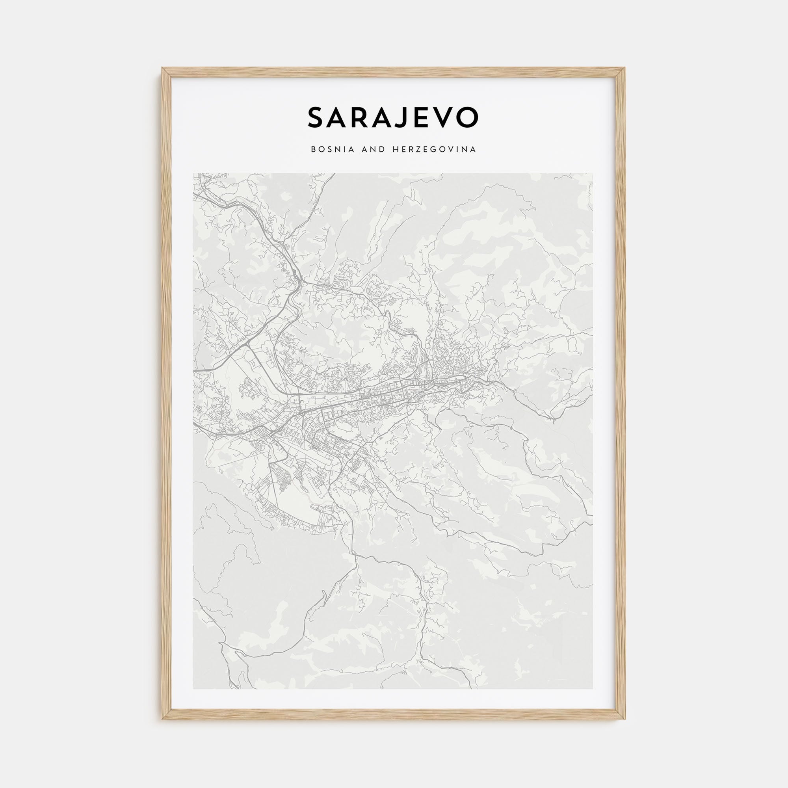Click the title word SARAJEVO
(x=393, y=117)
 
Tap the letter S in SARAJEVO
(x=316, y=117)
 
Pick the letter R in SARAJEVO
(x=359, y=117)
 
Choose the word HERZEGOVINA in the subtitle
(x=434, y=150)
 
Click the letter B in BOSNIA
(x=313, y=150)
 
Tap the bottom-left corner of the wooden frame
(x=162, y=719)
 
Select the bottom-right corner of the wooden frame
(x=625, y=719)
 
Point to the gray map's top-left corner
(x=193, y=173)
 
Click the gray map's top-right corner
(x=593, y=173)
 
